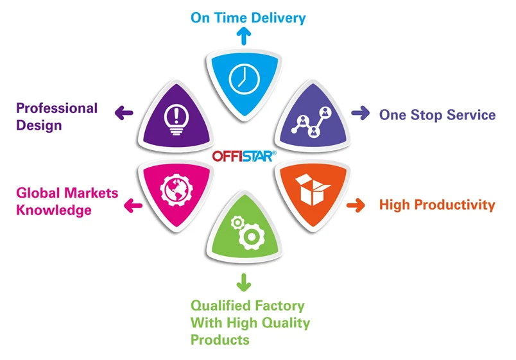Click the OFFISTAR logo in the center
point(244,155)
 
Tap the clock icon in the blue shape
point(243,79)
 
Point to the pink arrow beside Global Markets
point(132,205)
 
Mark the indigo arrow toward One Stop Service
point(361,114)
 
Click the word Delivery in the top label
point(279,17)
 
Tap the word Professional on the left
point(56,108)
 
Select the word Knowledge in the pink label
point(54,210)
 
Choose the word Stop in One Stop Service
point(428,115)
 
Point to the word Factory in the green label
point(281,305)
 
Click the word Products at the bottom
point(219,339)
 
